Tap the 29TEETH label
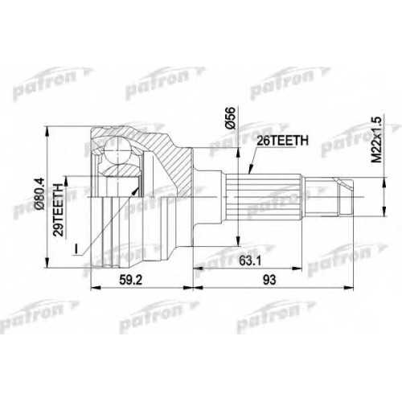click(59, 210)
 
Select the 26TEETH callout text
click(282, 141)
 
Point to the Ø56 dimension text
click(231, 118)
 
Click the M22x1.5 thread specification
click(377, 139)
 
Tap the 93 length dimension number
click(269, 281)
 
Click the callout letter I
click(76, 249)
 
